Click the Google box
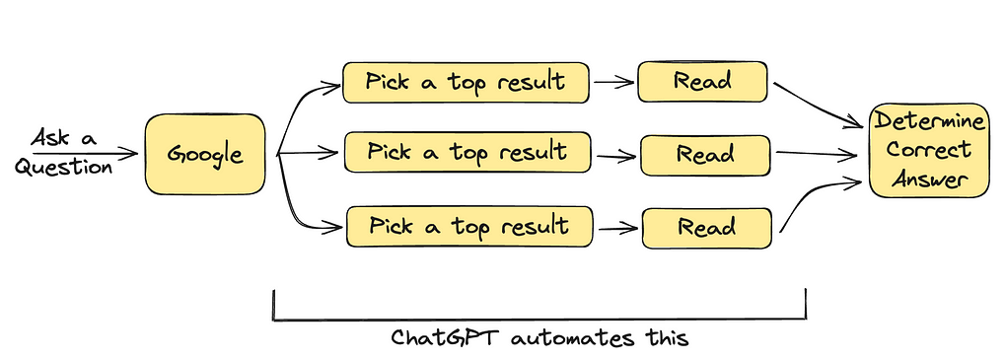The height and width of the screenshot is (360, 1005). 205,154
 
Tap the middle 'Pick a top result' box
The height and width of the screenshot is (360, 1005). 467,154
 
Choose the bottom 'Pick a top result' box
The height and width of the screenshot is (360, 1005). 468,227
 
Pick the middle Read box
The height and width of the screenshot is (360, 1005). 704,155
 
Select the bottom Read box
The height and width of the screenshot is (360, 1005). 705,228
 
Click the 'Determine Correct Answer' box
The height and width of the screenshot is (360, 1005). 928,150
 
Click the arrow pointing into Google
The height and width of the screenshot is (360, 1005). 89,153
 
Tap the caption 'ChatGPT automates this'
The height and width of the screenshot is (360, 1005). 538,338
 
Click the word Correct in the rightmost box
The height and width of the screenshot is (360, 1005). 928,151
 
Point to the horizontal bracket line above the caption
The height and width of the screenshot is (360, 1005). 538,320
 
